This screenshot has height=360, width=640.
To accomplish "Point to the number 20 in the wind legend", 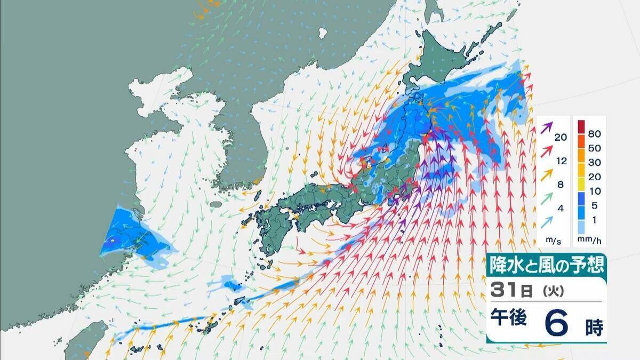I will tap(561, 138).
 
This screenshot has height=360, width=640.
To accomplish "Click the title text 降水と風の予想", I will tap(546, 265).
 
